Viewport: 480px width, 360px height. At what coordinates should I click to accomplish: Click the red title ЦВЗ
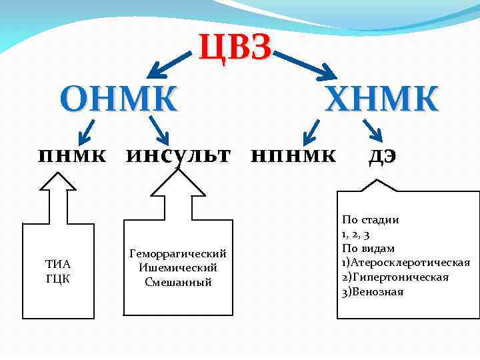[235, 49]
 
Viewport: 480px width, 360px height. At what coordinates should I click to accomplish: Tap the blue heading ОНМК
[119, 99]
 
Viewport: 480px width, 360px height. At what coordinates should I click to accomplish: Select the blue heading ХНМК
[381, 99]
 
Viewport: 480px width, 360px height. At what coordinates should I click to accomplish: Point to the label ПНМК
[73, 156]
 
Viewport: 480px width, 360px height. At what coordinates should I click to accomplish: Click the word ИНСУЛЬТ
[178, 156]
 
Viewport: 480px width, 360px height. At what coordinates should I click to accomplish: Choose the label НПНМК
[293, 156]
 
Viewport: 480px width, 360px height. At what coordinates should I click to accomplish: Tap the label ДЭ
[383, 156]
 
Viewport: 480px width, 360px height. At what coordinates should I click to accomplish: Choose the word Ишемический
[178, 267]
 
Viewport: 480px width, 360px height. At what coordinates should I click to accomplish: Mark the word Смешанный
[178, 282]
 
